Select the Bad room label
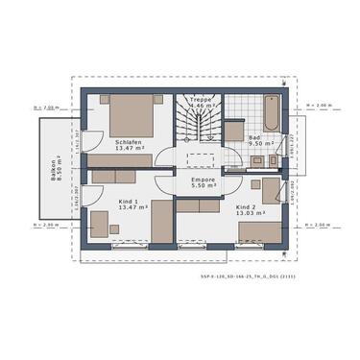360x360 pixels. tap(254, 136)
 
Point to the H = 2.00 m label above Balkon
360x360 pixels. tap(46, 108)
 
